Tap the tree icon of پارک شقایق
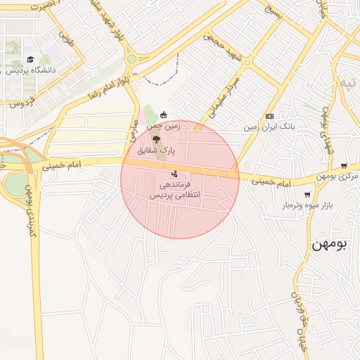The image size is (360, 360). [x=155, y=140]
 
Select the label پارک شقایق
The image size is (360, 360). [x=155, y=150]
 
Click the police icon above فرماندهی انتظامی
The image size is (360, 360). [x=174, y=173]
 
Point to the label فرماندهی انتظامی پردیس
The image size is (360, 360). [x=174, y=188]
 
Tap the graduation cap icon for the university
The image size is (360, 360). [x=30, y=60]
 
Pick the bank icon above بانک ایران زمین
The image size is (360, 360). [x=269, y=116]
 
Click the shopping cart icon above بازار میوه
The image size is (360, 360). [x=307, y=195]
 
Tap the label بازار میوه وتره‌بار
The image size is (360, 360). [x=306, y=205]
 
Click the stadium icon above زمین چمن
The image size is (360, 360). [x=165, y=115]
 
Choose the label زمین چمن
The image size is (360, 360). [x=165, y=127]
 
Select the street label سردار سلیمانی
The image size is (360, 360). [x=224, y=99]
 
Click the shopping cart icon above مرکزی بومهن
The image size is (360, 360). [x=344, y=165]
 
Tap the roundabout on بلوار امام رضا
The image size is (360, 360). [x=131, y=59]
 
